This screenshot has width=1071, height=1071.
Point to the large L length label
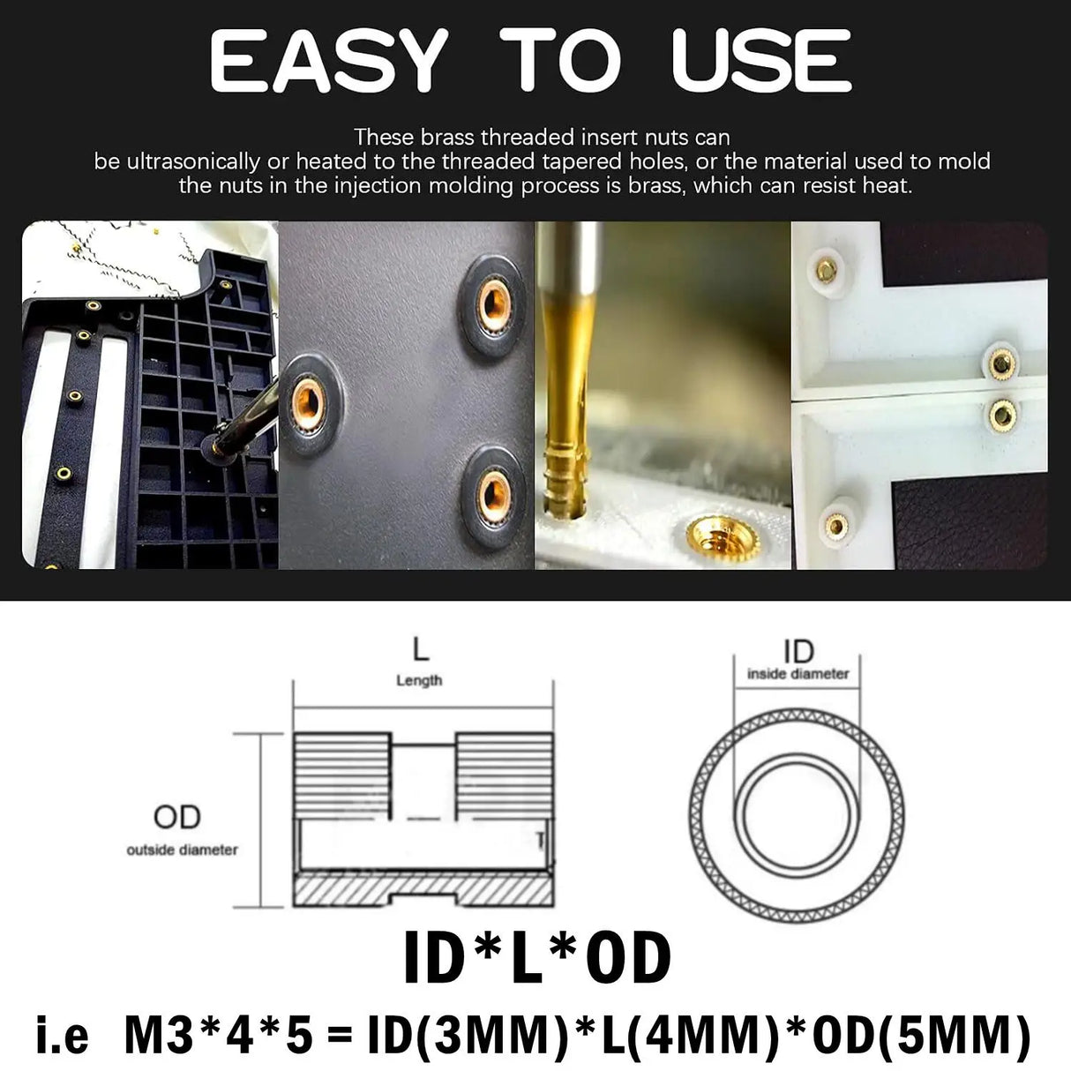click(421, 651)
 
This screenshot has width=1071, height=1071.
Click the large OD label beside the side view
click(177, 818)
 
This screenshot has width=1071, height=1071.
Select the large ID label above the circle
click(798, 652)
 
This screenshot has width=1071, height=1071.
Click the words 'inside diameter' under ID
click(798, 674)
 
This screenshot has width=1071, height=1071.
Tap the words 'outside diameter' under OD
click(182, 850)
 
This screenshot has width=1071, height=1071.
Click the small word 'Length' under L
click(419, 680)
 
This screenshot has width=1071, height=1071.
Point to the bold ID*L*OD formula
click(537, 958)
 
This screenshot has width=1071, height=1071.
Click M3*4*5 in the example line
click(220, 1037)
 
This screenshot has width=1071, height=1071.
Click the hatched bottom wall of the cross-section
click(423, 890)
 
